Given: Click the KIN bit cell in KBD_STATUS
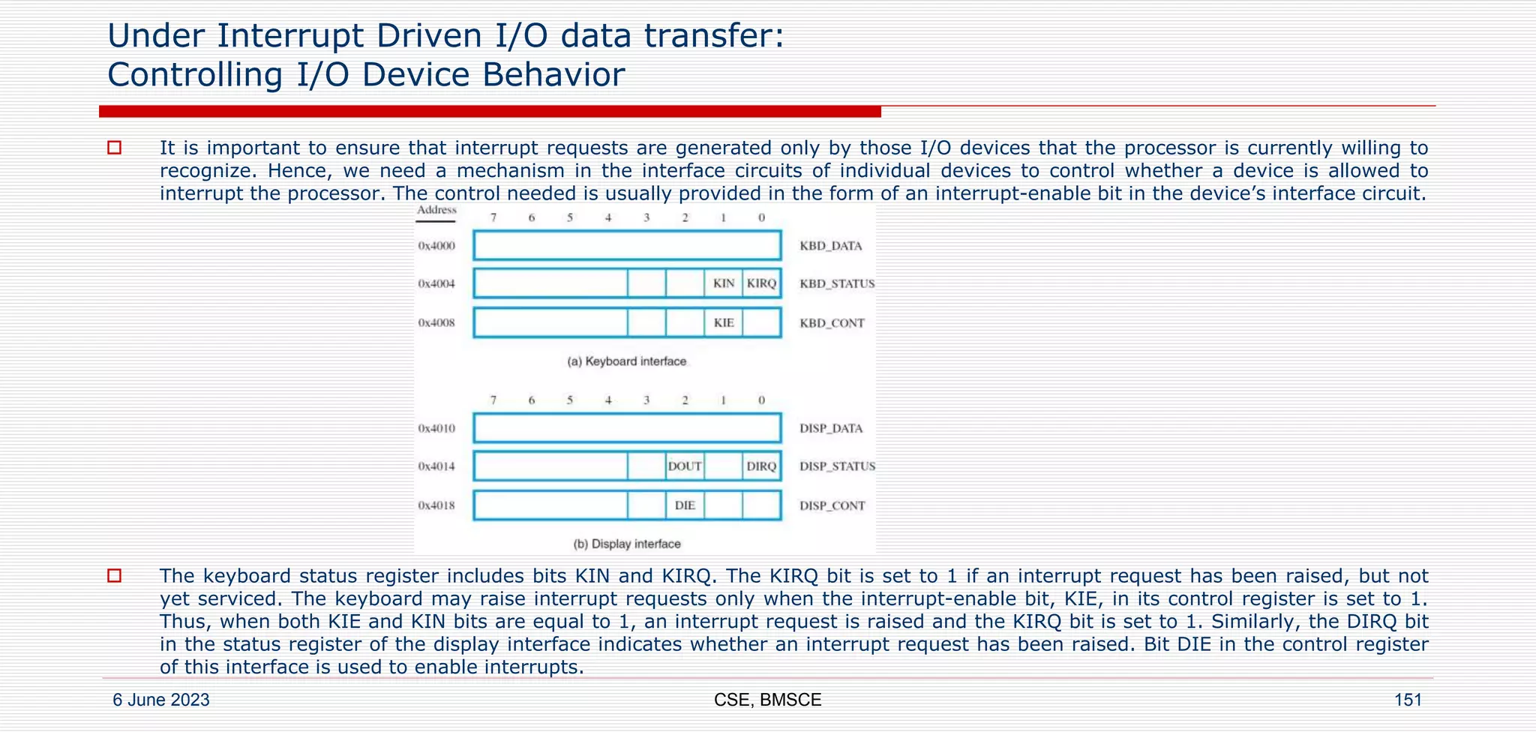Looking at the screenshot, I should (724, 283).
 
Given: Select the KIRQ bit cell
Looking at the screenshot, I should (762, 283).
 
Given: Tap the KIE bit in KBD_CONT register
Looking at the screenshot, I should (724, 323).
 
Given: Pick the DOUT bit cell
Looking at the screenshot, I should (685, 466).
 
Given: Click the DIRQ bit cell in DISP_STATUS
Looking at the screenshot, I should (762, 466).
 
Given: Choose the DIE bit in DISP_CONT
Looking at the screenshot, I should (685, 505).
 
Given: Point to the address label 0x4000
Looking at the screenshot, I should (436, 246).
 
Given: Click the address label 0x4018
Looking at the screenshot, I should (436, 505).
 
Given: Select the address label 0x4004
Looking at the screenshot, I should (436, 284).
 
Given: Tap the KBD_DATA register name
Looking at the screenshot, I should (831, 246).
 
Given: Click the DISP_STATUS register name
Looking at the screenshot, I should (837, 466).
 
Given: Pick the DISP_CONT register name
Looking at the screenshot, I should (832, 505).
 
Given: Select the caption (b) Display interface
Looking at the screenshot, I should (627, 544).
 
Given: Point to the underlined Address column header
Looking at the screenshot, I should (436, 211).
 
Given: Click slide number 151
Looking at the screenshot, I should (1407, 700).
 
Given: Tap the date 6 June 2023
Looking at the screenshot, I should (161, 700).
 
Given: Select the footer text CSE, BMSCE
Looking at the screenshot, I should (767, 700).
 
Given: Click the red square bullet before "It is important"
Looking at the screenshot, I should (114, 148).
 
